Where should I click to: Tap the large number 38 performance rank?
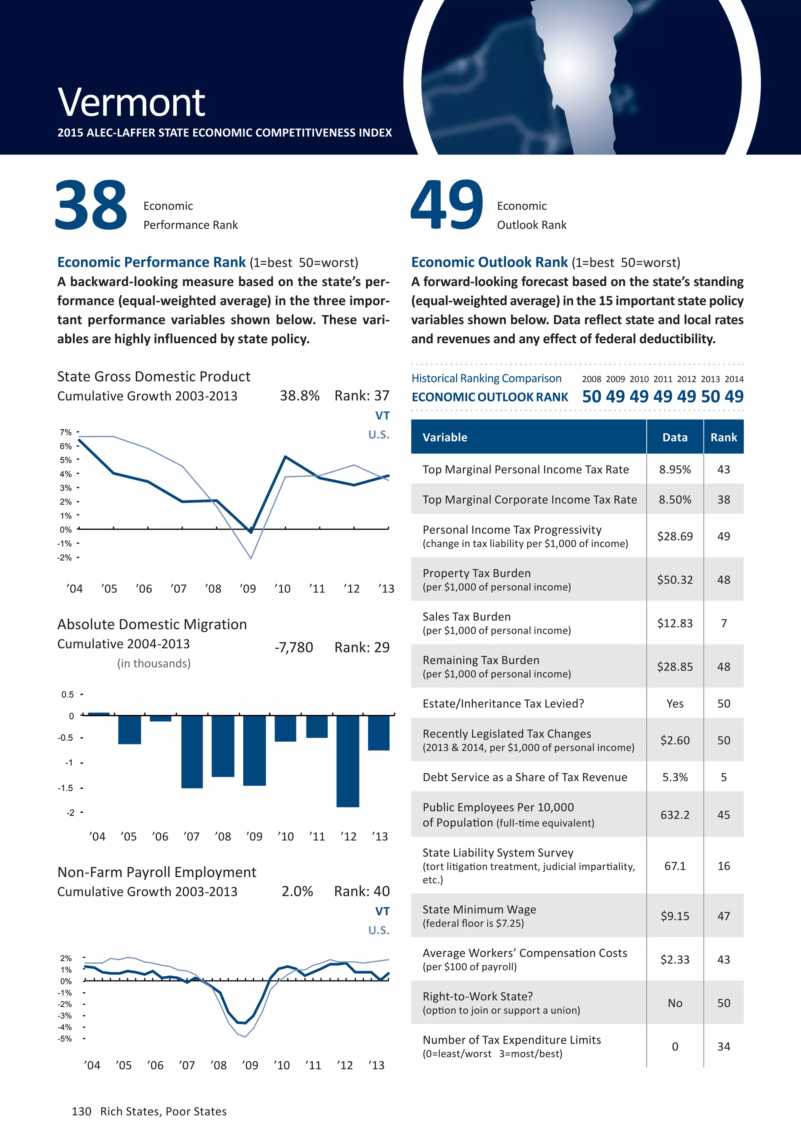tap(91, 205)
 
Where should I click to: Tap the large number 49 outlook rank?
tap(447, 205)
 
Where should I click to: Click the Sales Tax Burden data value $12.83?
tap(674, 623)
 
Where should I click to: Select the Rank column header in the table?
tap(723, 438)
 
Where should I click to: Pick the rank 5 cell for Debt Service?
tap(723, 777)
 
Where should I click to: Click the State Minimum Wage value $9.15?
tap(674, 916)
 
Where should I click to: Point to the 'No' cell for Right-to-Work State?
tap(674, 1003)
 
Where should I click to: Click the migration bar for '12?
tap(347, 761)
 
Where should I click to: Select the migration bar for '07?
tap(192, 751)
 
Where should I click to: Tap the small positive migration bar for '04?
tap(98, 714)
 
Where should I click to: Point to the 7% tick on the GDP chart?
tap(66, 432)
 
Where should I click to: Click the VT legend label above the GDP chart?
tap(382, 416)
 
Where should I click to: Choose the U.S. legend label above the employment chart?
tap(378, 930)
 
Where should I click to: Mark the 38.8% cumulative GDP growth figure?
tap(299, 396)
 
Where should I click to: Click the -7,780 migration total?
tap(294, 647)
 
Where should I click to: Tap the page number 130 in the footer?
tap(81, 1112)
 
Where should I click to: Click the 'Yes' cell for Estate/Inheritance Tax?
tap(674, 703)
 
